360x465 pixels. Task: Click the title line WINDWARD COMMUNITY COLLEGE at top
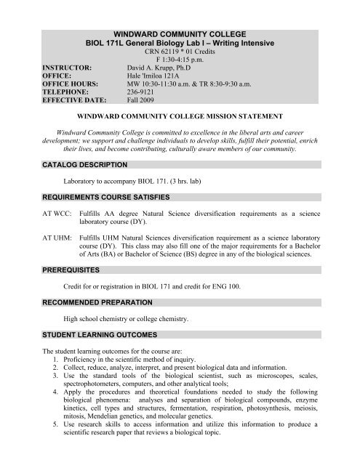tap(180, 33)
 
